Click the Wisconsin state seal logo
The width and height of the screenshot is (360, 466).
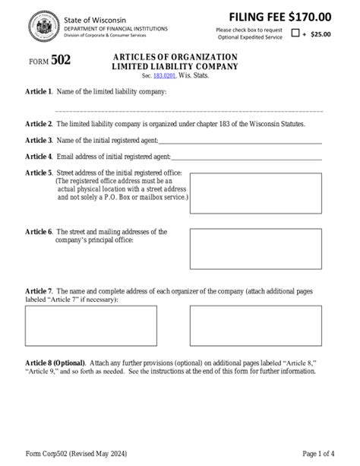(39, 27)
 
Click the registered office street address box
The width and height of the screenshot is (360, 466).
(254, 192)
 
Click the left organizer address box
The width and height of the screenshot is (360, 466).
(90, 325)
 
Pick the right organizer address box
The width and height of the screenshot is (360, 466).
(254, 325)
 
